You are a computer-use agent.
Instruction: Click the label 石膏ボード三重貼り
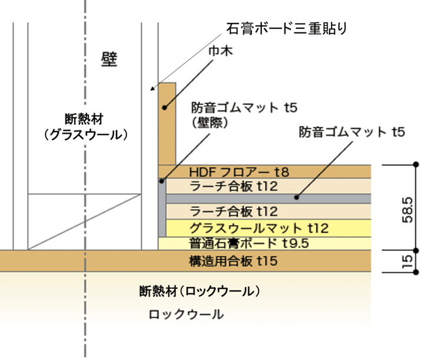pyautogui.click(x=287, y=28)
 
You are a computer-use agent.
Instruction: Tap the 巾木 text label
pyautogui.click(x=220, y=51)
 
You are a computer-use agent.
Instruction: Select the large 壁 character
pyautogui.click(x=110, y=59)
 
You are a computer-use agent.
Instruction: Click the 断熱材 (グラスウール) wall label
pyautogui.click(x=85, y=127)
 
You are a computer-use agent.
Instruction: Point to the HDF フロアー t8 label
pyautogui.click(x=239, y=172)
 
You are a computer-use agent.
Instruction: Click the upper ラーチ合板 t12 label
pyautogui.click(x=234, y=186)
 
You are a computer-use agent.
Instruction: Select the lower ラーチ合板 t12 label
pyautogui.click(x=234, y=212)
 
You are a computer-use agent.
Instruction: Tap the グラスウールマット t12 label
pyautogui.click(x=259, y=229)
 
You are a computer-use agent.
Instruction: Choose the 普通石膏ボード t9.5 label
pyautogui.click(x=249, y=243)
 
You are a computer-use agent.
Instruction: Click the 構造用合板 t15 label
pyautogui.click(x=233, y=261)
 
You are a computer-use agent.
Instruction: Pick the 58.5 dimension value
pyautogui.click(x=407, y=210)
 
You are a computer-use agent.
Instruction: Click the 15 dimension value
pyautogui.click(x=407, y=262)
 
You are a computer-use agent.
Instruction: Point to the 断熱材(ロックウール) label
pyautogui.click(x=200, y=291)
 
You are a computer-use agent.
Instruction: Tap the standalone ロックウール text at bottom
pyautogui.click(x=186, y=314)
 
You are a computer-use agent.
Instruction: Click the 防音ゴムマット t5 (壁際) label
pyautogui.click(x=244, y=115)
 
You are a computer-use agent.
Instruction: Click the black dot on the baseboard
pyautogui.click(x=164, y=108)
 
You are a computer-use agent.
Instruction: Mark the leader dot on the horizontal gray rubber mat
pyautogui.click(x=296, y=197)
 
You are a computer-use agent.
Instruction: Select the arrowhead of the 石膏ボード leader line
pyautogui.click(x=153, y=88)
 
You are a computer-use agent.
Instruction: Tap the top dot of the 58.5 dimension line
pyautogui.click(x=416, y=164)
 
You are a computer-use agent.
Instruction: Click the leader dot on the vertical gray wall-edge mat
pyautogui.click(x=162, y=181)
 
